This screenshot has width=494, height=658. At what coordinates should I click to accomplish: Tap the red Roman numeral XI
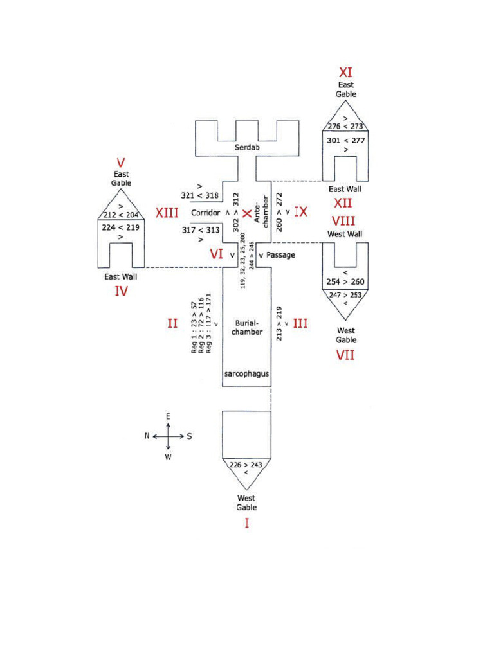345,73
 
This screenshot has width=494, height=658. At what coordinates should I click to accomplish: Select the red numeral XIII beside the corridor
167,212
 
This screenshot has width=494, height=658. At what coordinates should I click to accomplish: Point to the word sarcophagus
246,373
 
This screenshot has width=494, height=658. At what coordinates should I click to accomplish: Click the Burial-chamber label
247,328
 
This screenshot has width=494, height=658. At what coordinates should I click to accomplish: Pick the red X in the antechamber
247,212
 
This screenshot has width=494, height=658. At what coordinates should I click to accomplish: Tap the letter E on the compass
168,416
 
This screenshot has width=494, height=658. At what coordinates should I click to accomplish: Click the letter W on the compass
168,458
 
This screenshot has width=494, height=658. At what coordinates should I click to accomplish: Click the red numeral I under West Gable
246,523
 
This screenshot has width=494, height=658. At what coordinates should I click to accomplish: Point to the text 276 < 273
345,127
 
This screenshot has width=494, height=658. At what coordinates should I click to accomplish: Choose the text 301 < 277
345,140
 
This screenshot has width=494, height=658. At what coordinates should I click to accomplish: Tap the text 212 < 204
121,215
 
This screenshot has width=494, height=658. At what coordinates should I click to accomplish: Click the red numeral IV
121,291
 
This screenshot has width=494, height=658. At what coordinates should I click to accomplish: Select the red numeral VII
345,355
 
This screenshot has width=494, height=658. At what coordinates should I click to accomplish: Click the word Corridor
206,212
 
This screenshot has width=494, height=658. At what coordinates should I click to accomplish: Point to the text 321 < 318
200,194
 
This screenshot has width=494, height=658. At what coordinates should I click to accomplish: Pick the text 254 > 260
345,282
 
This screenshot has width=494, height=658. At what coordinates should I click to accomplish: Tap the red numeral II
172,324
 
